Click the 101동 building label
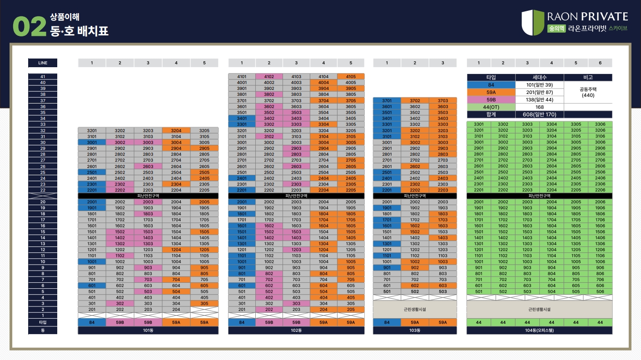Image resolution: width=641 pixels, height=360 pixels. [x=148, y=330]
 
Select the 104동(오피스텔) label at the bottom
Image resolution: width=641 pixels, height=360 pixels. [x=539, y=330]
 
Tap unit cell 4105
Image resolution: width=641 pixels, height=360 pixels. [x=351, y=77]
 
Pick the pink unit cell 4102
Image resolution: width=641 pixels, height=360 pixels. [x=269, y=77]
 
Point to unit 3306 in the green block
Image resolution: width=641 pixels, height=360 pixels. [x=600, y=124]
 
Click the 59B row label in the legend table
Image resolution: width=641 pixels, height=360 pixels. [x=491, y=99]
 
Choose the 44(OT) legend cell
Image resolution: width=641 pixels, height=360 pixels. [x=491, y=107]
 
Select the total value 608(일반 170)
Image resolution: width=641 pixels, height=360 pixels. [x=540, y=114]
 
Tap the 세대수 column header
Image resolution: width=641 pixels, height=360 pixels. [x=540, y=78]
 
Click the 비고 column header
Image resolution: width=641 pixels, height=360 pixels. [x=588, y=78]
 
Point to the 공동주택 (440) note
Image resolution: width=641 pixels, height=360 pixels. [x=588, y=92]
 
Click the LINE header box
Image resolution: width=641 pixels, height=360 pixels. [x=43, y=63]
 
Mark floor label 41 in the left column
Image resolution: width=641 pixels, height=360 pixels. [x=43, y=77]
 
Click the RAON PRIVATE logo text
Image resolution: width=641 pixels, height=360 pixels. [x=587, y=17]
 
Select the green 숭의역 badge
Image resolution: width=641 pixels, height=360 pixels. [x=556, y=28]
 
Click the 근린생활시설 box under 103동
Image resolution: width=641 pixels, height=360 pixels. [x=415, y=309]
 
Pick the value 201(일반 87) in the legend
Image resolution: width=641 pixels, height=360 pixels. [x=540, y=92]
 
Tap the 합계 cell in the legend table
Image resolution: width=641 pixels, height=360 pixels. [x=491, y=114]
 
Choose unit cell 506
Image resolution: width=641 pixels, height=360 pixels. [x=600, y=291]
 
